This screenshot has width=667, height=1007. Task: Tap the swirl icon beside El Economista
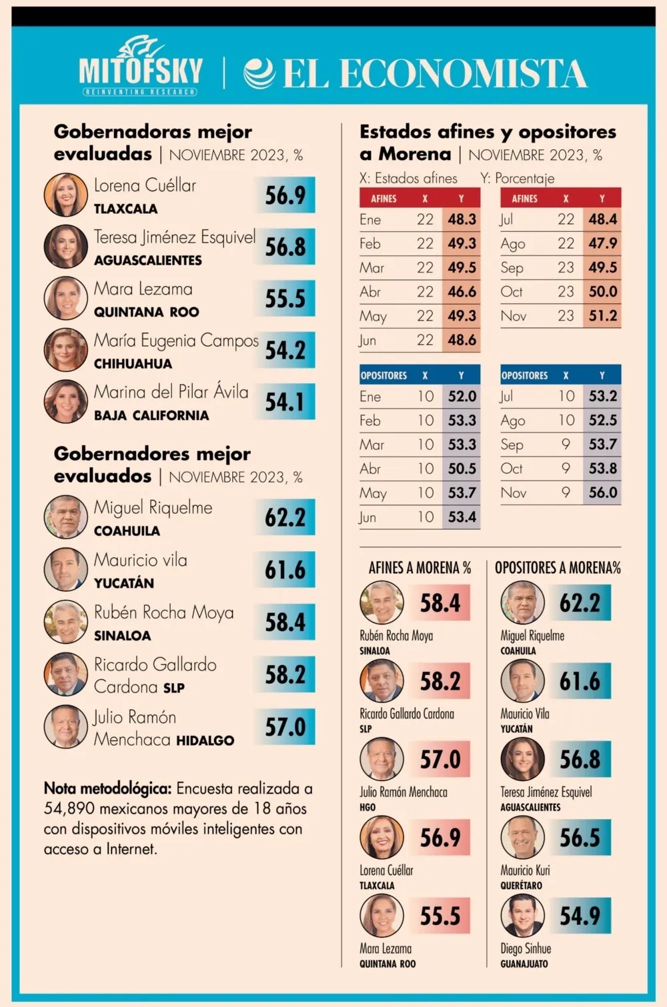259,73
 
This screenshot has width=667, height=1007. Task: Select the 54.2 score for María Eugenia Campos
285,351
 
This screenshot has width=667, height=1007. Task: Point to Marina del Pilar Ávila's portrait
65,402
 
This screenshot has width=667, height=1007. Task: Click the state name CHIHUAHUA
133,364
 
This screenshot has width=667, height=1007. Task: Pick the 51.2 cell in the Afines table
603,316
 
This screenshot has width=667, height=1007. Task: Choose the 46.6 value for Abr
462,292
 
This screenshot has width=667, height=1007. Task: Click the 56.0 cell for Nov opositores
603,493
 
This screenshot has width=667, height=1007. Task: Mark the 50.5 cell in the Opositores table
462,469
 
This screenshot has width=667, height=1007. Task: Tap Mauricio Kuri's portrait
522,837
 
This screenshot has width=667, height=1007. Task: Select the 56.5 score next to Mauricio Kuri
580,838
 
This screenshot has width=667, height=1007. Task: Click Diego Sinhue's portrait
522,916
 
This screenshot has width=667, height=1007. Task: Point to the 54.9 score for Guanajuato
580,916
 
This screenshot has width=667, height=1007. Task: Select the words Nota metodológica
107,789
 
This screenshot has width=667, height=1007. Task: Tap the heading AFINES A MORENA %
420,568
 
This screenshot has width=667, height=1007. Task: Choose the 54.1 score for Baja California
285,402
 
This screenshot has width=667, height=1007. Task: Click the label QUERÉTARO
521,886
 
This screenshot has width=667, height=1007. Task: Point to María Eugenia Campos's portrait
65,350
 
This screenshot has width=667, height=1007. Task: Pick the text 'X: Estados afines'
408,179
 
